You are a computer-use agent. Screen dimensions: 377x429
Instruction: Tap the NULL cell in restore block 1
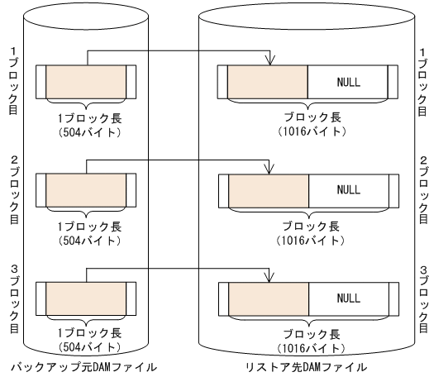tap(349, 82)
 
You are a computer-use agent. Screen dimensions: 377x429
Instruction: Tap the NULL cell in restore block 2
tap(349, 189)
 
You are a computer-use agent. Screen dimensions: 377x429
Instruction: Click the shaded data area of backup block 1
tap(86, 82)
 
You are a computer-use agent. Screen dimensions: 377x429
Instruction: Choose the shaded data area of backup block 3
tap(86, 298)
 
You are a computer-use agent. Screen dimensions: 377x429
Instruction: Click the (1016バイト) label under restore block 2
tap(306, 241)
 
